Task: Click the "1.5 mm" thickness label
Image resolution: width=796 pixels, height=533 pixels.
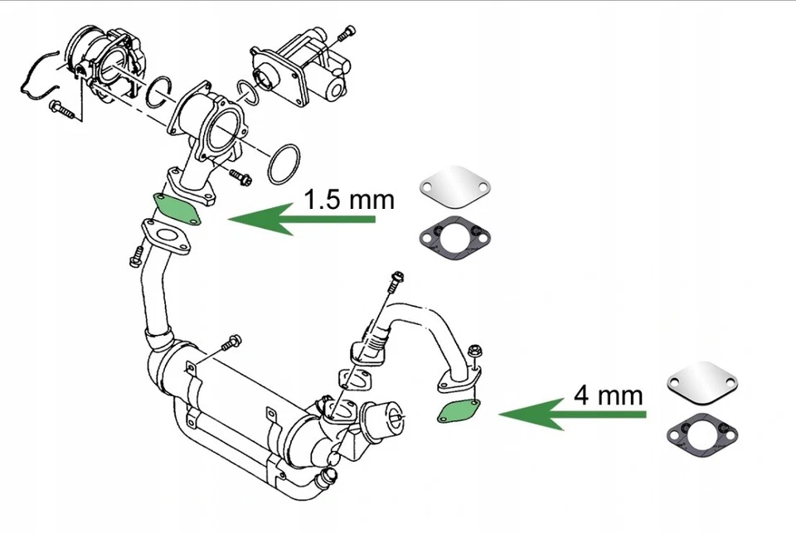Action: click(348, 200)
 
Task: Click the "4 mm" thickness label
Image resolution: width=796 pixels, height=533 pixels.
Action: click(608, 395)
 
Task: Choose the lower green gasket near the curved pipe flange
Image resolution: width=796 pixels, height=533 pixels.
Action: click(460, 409)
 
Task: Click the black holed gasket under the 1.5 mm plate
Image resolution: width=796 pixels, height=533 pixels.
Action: click(455, 235)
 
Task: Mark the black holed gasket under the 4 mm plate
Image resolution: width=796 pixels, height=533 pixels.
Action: click(702, 430)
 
